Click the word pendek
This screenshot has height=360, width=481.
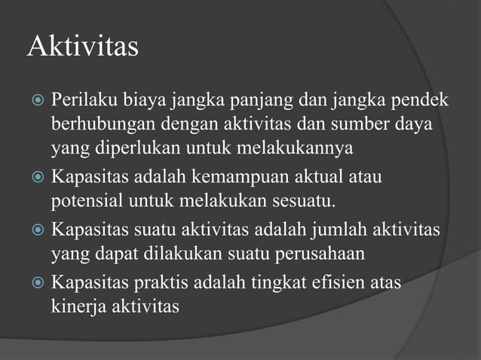pos(419,100)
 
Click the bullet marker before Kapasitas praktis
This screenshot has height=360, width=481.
pos(35,285)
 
